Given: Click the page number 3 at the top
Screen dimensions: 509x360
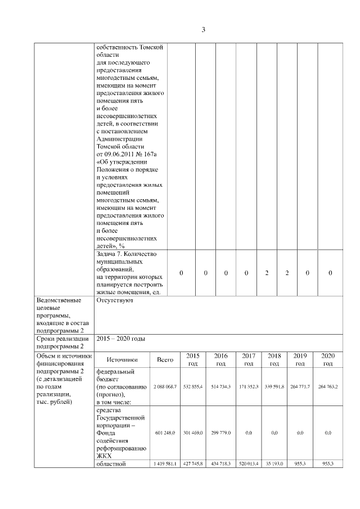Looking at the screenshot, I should (203, 29).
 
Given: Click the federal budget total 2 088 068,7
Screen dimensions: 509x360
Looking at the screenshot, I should (165, 388).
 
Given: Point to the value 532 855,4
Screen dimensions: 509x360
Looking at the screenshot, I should (192, 388).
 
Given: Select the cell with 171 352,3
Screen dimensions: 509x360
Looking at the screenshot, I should (248, 388).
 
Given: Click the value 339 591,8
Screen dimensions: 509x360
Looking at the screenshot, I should (274, 388).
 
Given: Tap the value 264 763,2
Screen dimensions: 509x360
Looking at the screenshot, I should (328, 388).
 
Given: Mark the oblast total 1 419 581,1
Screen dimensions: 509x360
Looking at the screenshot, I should (165, 464).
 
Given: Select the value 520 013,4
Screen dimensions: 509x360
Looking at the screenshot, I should (248, 464).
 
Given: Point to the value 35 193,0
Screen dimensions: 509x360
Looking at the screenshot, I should (274, 464).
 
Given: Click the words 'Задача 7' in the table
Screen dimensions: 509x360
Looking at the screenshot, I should (110, 254).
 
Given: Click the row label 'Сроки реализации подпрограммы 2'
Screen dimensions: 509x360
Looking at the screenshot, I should (62, 343).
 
